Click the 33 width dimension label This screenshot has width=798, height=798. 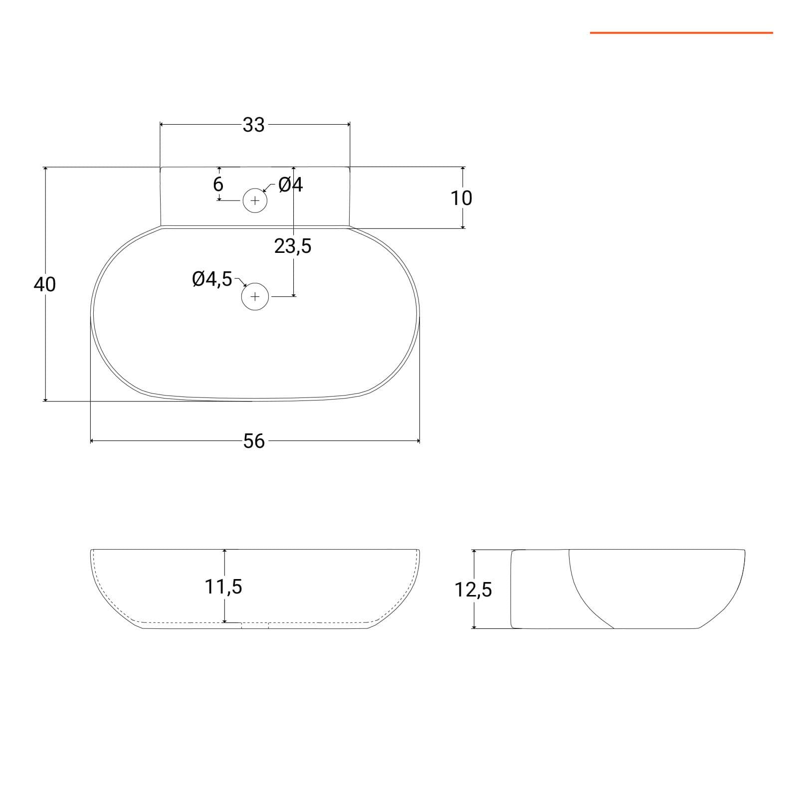pos(253,125)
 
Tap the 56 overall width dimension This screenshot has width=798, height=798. pos(254,441)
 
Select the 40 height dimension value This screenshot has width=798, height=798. pos(45,284)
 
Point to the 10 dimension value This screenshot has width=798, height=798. pos(461,198)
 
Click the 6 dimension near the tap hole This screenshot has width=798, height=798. pos(218,184)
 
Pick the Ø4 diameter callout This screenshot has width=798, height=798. pos(291,185)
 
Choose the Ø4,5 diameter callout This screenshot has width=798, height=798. pos(212,279)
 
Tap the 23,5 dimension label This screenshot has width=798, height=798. pos(293,246)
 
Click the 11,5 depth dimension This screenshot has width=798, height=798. pos(223,587)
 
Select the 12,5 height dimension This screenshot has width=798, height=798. pos(473,590)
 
